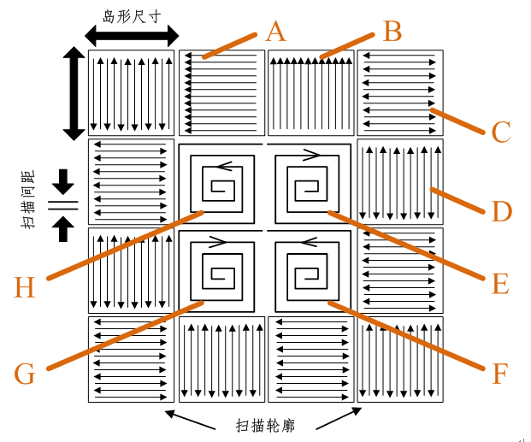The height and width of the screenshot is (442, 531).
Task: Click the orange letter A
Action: (275, 32)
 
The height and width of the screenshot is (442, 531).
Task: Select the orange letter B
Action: (392, 32)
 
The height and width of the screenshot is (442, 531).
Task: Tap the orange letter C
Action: (501, 132)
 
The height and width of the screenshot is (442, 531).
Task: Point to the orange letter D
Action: (501, 210)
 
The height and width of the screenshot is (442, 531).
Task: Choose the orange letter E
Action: (501, 283)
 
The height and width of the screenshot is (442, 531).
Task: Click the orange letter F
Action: (501, 373)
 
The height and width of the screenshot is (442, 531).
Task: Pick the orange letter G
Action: (25, 374)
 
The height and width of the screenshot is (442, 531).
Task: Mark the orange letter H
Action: (25, 287)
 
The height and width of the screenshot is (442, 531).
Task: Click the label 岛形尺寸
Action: (133, 15)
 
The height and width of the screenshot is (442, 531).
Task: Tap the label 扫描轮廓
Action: (265, 424)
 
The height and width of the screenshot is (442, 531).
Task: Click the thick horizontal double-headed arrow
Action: (132, 36)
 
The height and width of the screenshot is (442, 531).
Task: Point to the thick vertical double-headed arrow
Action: (74, 93)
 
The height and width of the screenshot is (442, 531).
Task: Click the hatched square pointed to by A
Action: (221, 92)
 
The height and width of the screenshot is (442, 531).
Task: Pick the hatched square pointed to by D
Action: (399, 182)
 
